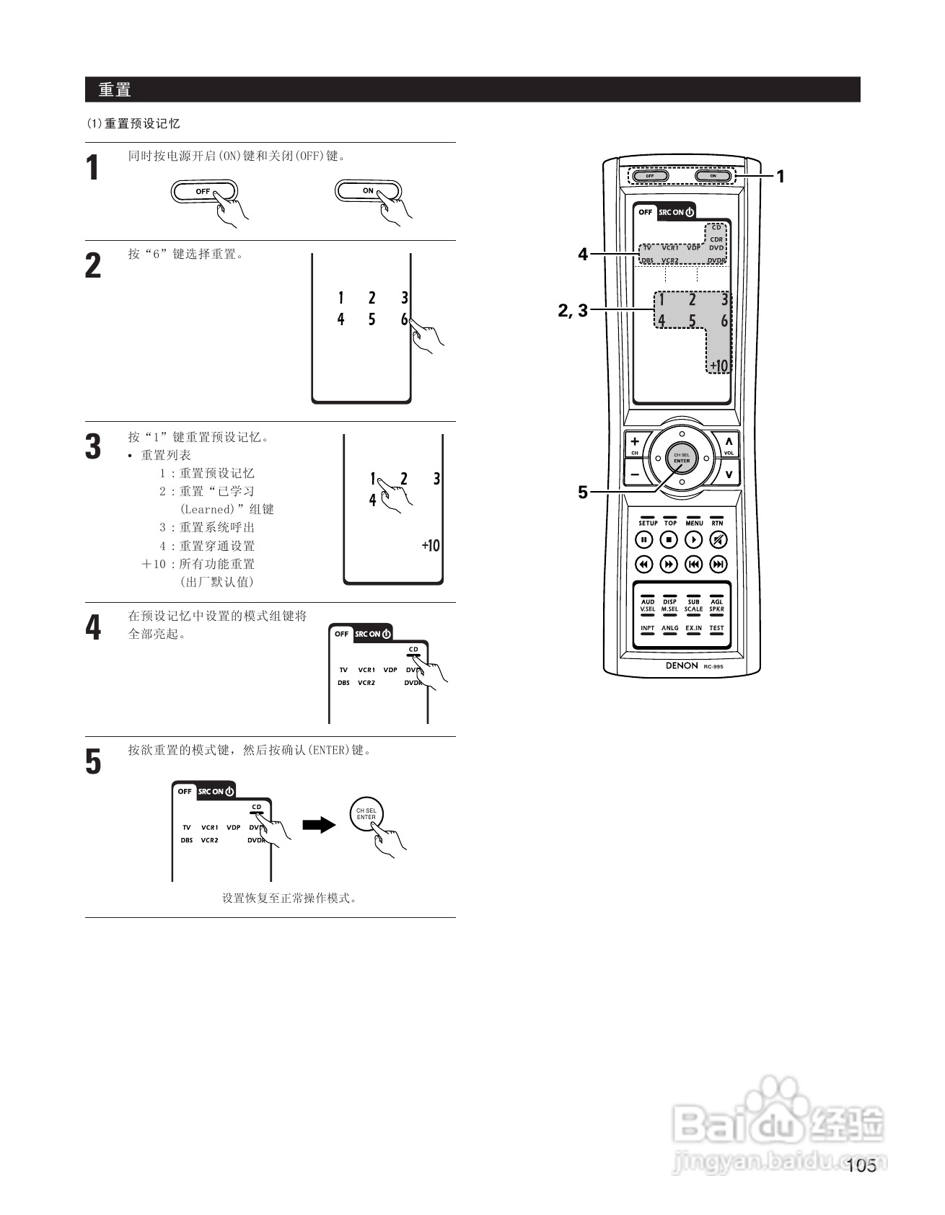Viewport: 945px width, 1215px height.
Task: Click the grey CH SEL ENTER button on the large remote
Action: [682, 458]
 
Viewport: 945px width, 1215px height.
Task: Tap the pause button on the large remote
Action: [643, 539]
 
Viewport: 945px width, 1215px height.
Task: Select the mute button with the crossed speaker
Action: [718, 539]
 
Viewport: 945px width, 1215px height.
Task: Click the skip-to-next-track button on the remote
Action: [718, 564]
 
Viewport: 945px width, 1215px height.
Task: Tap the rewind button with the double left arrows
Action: [643, 564]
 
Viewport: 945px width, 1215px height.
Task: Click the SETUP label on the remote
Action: [648, 523]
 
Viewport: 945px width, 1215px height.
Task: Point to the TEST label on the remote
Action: [716, 628]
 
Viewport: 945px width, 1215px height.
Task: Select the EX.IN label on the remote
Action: [693, 628]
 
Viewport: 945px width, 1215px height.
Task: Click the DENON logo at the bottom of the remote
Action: [682, 666]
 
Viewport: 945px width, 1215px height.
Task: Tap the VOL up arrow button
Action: [729, 442]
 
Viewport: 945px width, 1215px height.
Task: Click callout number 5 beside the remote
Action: [583, 492]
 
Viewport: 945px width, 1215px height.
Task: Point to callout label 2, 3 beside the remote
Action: [573, 311]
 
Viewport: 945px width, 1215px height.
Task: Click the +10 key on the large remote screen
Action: [718, 366]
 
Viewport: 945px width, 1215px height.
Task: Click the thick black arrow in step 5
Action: [319, 824]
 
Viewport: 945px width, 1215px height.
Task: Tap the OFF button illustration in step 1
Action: [203, 192]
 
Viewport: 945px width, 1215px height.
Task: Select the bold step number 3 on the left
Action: [93, 446]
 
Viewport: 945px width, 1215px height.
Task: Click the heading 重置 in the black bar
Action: [115, 90]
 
